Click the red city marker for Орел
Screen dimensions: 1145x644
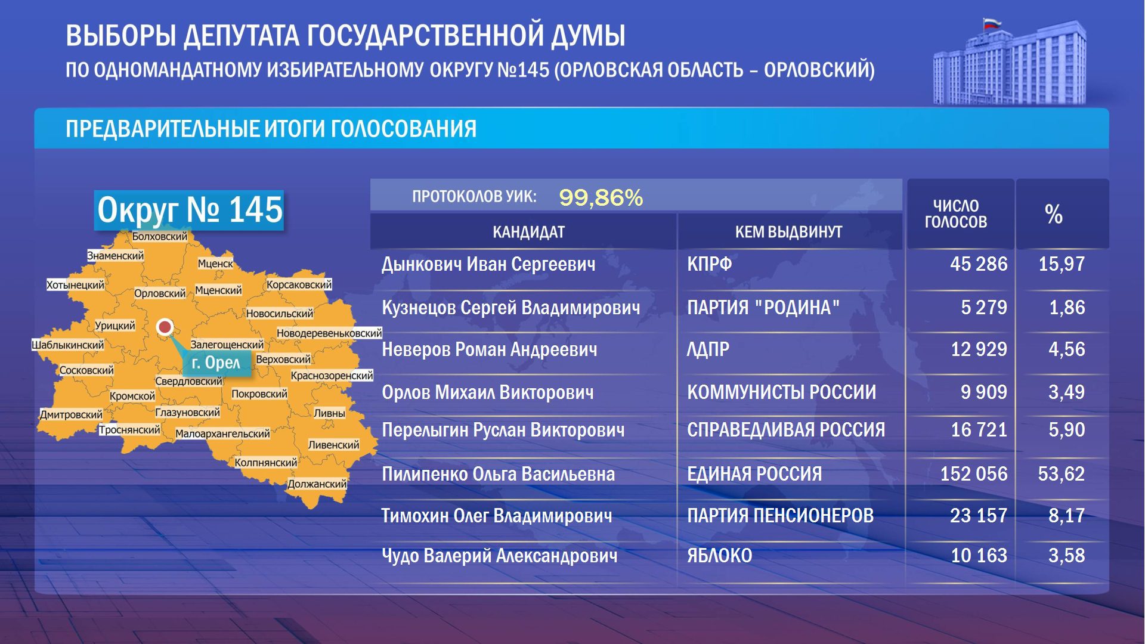165,327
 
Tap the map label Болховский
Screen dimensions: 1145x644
159,236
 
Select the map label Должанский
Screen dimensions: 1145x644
317,484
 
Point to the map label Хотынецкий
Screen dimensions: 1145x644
75,284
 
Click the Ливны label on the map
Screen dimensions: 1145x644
329,413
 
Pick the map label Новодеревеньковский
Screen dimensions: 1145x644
329,333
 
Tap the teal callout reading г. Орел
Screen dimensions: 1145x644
216,363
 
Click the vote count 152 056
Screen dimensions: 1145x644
973,473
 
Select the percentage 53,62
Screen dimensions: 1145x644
1061,473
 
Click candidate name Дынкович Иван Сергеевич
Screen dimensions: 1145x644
488,264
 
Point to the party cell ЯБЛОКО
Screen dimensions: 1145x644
719,556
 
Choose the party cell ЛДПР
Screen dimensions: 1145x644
708,349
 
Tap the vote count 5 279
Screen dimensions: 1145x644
983,307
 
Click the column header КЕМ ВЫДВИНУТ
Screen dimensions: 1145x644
788,232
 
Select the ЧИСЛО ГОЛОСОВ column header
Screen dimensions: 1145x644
955,214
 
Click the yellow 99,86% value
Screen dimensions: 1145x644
601,197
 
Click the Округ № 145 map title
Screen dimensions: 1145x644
189,210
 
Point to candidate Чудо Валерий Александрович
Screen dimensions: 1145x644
499,556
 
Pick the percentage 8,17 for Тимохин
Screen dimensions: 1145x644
1066,515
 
